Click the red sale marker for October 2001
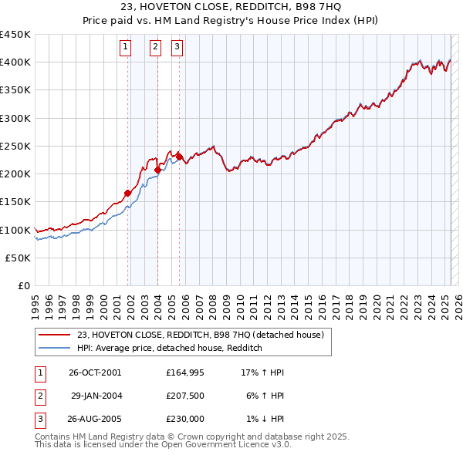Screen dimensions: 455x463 pyautogui.click(x=128, y=193)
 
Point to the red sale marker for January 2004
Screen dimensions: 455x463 pyautogui.click(x=158, y=170)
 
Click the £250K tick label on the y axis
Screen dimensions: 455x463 pyautogui.click(x=15, y=146)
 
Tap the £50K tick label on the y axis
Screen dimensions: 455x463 pyautogui.click(x=19, y=258)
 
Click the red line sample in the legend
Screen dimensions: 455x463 pyautogui.click(x=54, y=335)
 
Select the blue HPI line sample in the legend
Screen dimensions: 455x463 pyautogui.click(x=54, y=348)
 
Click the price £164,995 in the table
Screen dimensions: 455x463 pyautogui.click(x=184, y=372)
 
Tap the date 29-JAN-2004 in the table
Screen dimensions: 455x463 pyautogui.click(x=96, y=396)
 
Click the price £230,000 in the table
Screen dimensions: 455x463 pyautogui.click(x=184, y=419)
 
